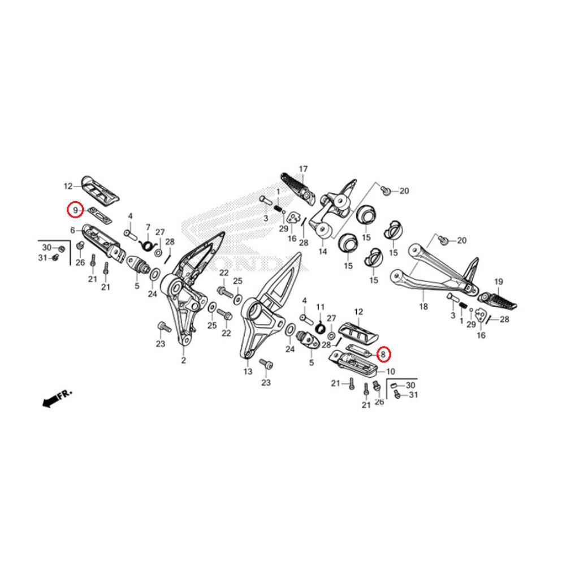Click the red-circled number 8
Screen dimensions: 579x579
click(x=383, y=355)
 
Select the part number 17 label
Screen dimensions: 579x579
click(x=304, y=169)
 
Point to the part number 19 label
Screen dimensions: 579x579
click(x=498, y=282)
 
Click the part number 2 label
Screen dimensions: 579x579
click(x=183, y=360)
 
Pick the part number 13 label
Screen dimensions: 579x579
click(x=248, y=371)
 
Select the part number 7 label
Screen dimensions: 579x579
click(x=148, y=227)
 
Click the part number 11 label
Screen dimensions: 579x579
click(x=320, y=306)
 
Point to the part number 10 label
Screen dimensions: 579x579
click(x=390, y=371)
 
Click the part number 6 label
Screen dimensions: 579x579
click(x=73, y=230)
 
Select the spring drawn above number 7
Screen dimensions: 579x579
click(x=147, y=244)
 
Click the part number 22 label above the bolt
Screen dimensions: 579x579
click(x=224, y=273)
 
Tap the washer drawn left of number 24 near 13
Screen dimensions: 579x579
click(x=289, y=330)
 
